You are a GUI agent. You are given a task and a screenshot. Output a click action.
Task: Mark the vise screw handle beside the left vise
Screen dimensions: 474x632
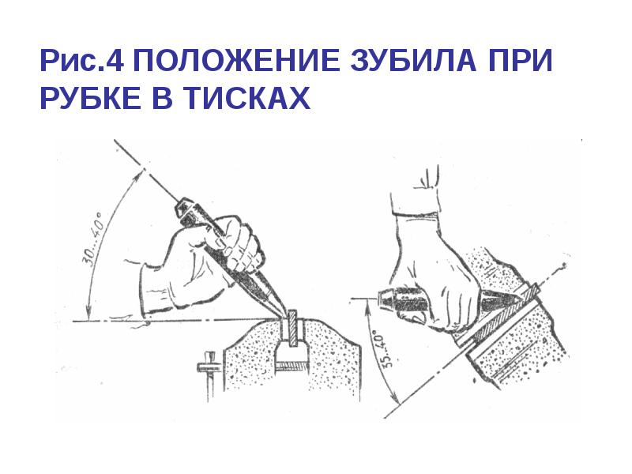pos(207,371)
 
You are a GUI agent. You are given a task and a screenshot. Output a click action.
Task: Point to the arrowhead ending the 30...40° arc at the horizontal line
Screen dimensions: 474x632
pos(89,313)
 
